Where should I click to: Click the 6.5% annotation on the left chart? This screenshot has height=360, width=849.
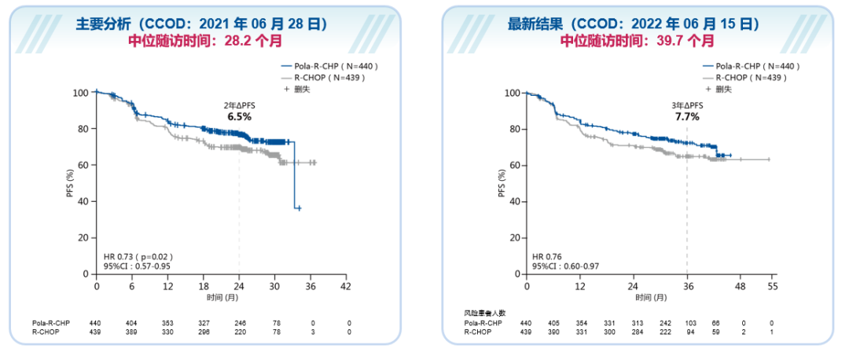pos(239,116)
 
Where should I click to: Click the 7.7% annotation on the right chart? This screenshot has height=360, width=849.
pos(686,116)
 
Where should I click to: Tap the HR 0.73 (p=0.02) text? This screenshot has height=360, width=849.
pos(138,256)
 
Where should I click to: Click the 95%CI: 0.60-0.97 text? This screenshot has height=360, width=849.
pos(567,266)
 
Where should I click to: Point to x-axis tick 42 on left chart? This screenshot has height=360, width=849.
pos(346,288)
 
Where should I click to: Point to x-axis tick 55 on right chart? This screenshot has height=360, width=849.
pos(771,288)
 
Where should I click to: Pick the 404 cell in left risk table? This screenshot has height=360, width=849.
pos(132,323)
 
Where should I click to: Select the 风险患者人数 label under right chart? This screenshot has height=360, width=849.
pos(484,313)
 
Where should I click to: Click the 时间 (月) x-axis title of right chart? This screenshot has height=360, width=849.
pos(648,299)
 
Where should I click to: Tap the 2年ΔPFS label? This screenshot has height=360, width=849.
pos(239,105)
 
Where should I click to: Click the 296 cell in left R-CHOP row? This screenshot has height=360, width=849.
pos(204,333)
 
